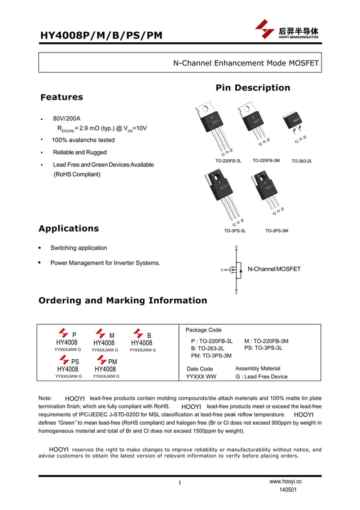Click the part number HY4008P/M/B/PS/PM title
tap(100, 36)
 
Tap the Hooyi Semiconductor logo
tap(287, 29)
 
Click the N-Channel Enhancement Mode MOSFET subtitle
tap(245, 63)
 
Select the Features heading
tap(62, 97)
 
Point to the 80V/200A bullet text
tap(67, 119)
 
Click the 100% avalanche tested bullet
tap(83, 140)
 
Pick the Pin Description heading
tap(252, 88)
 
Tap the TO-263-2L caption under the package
tap(301, 161)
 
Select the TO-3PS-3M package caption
tap(276, 231)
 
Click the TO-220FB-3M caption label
tap(266, 160)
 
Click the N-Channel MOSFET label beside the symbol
tap(274, 269)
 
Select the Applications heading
tap(68, 228)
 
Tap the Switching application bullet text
tap(78, 248)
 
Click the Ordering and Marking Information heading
tap(122, 300)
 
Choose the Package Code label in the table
tap(204, 330)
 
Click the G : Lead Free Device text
tap(261, 377)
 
